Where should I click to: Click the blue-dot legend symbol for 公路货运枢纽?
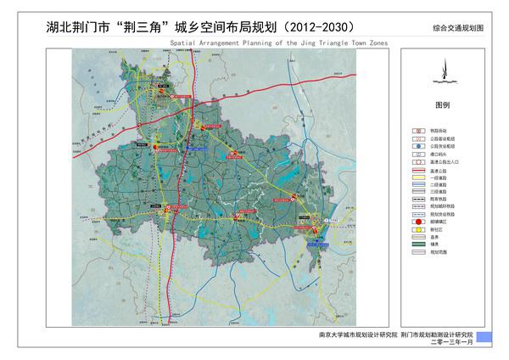[418, 145]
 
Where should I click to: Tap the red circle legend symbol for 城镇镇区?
[418, 222]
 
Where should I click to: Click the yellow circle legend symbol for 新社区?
[418, 230]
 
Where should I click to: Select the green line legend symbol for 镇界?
[418, 245]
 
